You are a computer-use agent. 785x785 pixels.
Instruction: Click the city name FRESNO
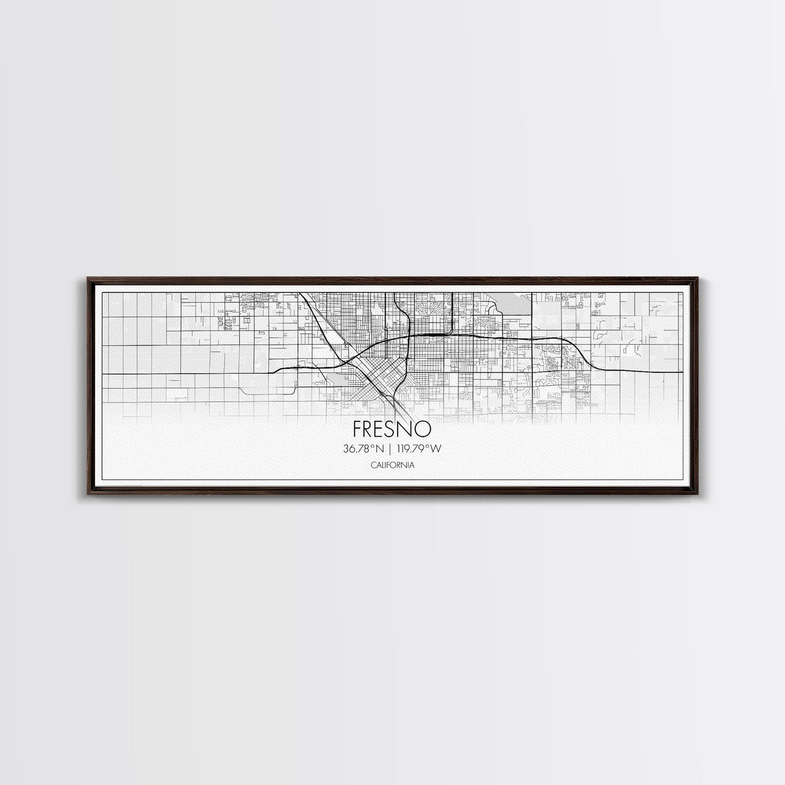coord(392,429)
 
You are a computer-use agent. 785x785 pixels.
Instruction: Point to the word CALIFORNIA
coord(392,465)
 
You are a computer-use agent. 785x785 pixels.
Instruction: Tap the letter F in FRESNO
coord(358,429)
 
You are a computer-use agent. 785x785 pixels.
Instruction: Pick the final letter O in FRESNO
coord(427,429)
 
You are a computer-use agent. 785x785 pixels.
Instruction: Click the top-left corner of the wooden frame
coord(89,279)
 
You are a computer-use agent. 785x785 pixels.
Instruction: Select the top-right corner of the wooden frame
coord(697,279)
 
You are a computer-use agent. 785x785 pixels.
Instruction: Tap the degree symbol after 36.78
coord(376,446)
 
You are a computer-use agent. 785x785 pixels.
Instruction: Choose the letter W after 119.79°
coord(442,448)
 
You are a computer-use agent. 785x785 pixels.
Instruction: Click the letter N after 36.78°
coord(383,448)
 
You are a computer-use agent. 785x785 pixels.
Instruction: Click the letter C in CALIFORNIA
coord(374,465)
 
